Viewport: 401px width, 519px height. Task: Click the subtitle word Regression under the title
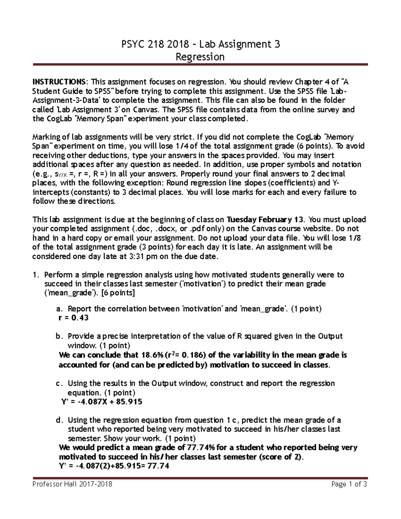(x=200, y=57)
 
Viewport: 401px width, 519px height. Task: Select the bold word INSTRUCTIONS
(x=59, y=82)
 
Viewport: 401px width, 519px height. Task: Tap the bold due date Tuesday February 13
(x=265, y=220)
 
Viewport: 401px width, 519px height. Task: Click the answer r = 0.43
(x=74, y=318)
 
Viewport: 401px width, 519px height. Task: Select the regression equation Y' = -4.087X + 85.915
(x=102, y=402)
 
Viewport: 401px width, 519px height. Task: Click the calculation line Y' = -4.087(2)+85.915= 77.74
(x=114, y=466)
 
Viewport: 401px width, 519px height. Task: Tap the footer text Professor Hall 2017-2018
(x=72, y=484)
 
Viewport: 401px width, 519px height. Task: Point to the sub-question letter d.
(x=59, y=420)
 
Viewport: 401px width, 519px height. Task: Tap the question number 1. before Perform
(x=36, y=275)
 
